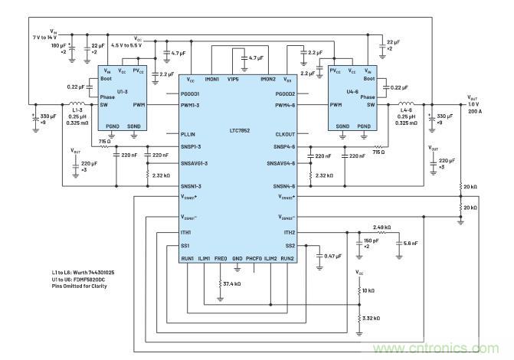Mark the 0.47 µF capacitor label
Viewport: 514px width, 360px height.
(333, 256)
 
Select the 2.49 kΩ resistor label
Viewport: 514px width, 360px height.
(381, 227)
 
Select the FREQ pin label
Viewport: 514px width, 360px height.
(221, 259)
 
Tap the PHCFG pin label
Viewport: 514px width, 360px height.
(254, 259)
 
